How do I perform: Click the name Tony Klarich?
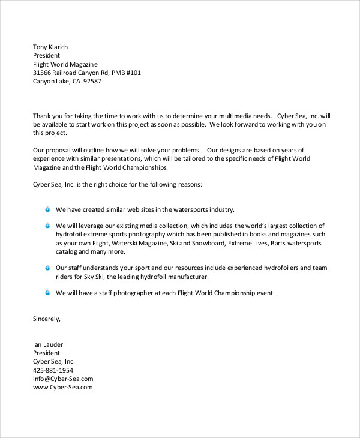click(50, 47)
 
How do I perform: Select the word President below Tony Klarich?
click(46, 55)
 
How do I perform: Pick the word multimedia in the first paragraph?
click(223, 115)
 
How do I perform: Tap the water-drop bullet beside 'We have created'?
click(48, 209)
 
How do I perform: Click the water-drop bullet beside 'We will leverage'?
click(48, 226)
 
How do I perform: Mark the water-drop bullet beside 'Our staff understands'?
click(48, 268)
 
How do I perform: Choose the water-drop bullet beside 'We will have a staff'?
click(48, 293)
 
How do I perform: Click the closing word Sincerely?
click(46, 319)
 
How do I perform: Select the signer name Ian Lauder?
click(48, 344)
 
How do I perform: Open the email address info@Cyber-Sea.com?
click(63, 379)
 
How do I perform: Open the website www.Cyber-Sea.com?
click(62, 387)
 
